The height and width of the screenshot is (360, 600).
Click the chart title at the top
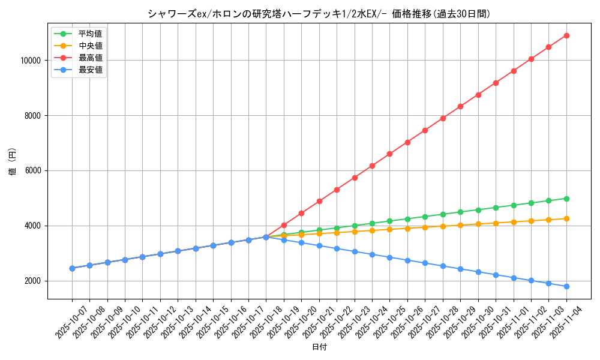(x=319, y=14)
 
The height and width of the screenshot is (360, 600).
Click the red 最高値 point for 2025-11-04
(x=566, y=35)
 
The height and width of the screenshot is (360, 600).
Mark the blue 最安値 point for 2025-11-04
(x=566, y=286)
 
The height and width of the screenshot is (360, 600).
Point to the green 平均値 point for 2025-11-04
(x=566, y=199)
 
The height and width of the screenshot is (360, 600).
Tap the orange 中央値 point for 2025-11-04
(x=566, y=218)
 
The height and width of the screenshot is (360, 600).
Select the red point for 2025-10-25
(x=390, y=154)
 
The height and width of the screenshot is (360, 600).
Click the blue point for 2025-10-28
(x=443, y=266)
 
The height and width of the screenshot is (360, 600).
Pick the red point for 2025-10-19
(x=284, y=225)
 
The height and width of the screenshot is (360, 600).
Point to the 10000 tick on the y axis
(x=29, y=61)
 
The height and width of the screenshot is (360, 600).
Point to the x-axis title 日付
(x=319, y=347)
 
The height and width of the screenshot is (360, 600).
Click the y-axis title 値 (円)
(x=13, y=162)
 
